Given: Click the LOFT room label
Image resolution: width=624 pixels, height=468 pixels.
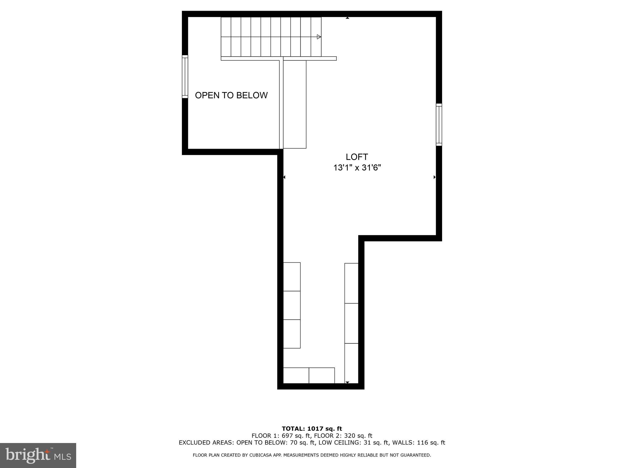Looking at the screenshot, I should point(357,157).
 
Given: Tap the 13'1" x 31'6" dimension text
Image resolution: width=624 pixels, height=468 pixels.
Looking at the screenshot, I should point(357,168).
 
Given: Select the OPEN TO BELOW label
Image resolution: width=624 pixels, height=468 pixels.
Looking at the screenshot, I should point(231,95).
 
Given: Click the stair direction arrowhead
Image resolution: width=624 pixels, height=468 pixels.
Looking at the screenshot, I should point(319,37).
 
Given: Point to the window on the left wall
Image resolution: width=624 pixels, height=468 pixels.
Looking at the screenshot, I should point(185,76).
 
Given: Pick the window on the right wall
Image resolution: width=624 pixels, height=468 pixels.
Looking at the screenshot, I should point(439,125).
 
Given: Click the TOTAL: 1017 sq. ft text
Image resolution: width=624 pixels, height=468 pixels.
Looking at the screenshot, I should point(312,429).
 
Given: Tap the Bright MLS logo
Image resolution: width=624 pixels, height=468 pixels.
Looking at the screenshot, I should point(38,455).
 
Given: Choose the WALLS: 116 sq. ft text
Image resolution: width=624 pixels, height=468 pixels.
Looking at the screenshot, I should point(419,443).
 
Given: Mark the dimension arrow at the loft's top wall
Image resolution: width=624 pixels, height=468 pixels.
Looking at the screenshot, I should point(347,18).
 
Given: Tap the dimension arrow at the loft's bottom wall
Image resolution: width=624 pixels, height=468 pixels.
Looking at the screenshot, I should point(347,382).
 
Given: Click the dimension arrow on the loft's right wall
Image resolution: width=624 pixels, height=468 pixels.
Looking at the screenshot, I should point(434,177).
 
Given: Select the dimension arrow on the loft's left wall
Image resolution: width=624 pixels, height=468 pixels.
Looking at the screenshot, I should point(284,177).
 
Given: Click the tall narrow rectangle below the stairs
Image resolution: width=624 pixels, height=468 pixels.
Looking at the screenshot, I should point(295,104).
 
